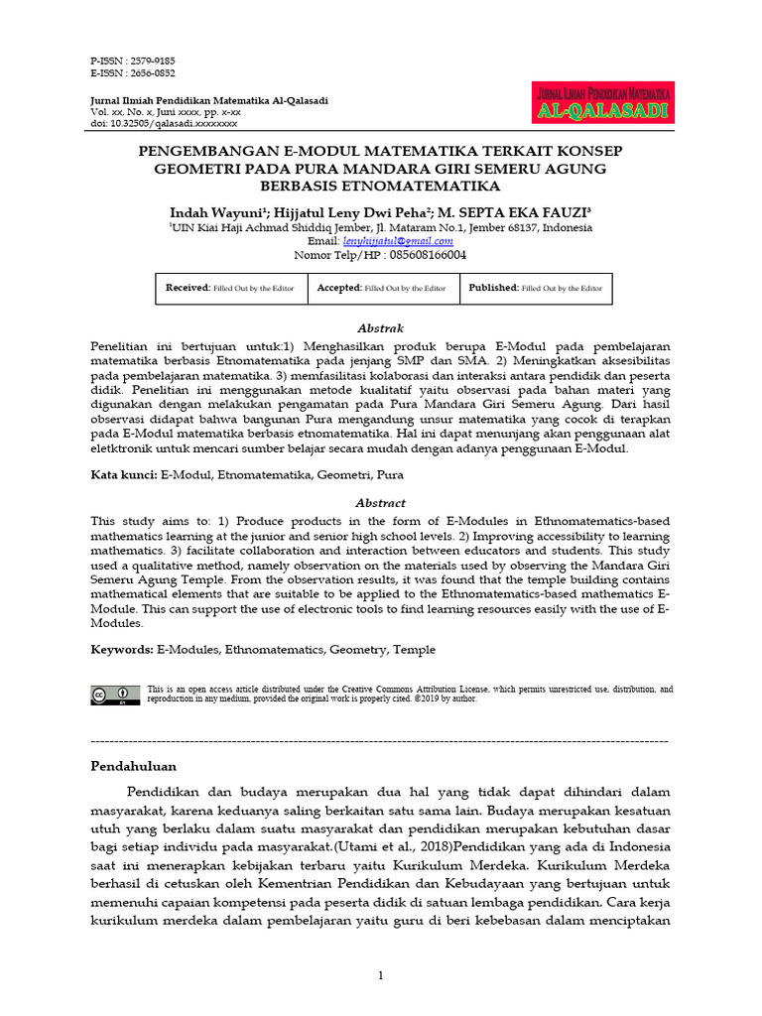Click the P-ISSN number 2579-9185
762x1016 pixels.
click(x=150, y=61)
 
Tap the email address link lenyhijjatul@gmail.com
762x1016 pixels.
click(x=398, y=240)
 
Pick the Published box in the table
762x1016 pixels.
click(x=536, y=288)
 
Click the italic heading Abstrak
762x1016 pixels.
click(x=380, y=328)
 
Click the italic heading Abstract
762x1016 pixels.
click(x=380, y=503)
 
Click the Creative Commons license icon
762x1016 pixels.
click(x=115, y=695)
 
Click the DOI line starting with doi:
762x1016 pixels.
click(x=164, y=124)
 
